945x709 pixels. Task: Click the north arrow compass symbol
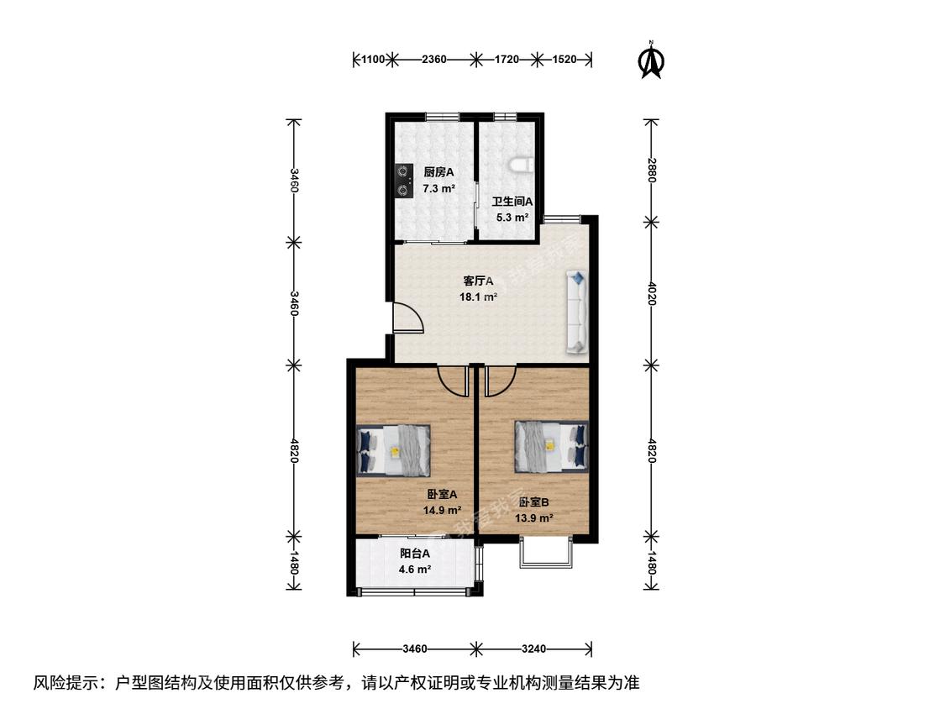tap(652, 60)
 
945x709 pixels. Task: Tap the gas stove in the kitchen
tap(403, 181)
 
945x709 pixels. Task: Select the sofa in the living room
tap(577, 311)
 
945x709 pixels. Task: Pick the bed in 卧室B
tap(551, 447)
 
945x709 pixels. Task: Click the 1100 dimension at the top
tap(372, 59)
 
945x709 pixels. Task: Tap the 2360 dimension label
tap(434, 59)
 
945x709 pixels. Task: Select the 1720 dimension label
tap(507, 59)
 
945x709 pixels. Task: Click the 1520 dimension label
tap(564, 59)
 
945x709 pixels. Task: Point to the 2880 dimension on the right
tap(652, 170)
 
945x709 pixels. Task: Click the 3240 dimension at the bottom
tap(534, 649)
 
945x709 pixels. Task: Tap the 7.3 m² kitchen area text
tap(438, 188)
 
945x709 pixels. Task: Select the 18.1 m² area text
tap(479, 297)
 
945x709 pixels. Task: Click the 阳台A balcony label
tap(415, 554)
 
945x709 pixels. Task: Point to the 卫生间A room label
tap(512, 202)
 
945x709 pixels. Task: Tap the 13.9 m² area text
tap(534, 517)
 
